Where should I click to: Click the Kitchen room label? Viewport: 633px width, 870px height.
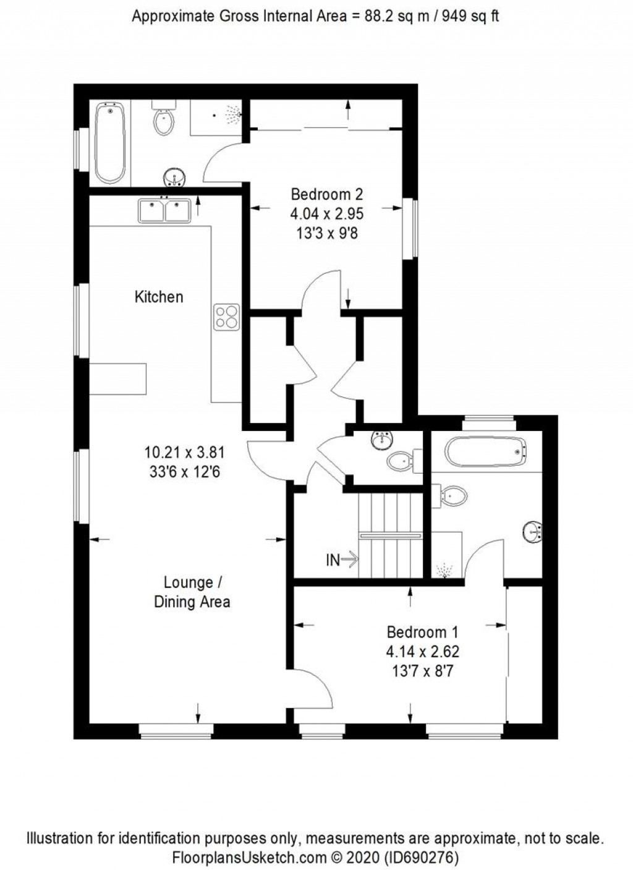(x=159, y=297)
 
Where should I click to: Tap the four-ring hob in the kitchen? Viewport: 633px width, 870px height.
(x=226, y=317)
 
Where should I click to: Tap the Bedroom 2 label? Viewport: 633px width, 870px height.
(x=327, y=194)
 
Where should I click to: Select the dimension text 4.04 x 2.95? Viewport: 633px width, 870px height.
(x=327, y=214)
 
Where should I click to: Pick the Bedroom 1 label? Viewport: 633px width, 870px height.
(x=423, y=632)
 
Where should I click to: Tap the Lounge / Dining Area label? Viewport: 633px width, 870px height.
(x=192, y=592)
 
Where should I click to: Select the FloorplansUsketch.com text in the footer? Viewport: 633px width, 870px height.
(x=248, y=858)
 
